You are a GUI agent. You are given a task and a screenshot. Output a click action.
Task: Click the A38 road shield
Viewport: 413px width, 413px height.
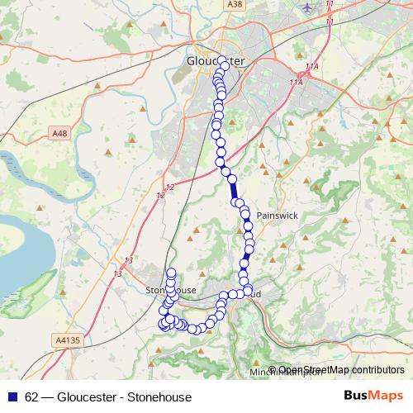coord(236,5)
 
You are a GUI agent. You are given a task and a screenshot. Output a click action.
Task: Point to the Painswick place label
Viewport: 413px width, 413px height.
coord(275,214)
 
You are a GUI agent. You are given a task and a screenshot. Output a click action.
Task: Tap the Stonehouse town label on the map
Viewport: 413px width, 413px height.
coord(170,291)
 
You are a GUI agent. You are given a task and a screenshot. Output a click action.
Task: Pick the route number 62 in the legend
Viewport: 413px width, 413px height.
coord(32,397)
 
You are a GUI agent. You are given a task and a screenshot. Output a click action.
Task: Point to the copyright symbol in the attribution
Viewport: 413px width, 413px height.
coord(272,371)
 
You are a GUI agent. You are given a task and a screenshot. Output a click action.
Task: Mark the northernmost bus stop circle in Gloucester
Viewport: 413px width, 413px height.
coord(221,59)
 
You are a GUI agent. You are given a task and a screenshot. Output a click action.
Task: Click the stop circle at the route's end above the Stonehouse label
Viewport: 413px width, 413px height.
coord(172,273)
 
